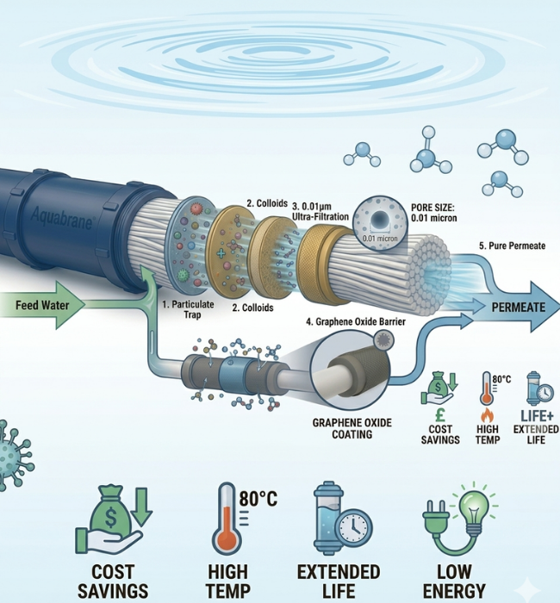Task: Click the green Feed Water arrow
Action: pyautogui.click(x=42, y=305)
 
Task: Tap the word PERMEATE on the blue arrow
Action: pyautogui.click(x=518, y=308)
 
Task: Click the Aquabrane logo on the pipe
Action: pyautogui.click(x=62, y=219)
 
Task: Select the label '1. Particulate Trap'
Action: pyautogui.click(x=188, y=309)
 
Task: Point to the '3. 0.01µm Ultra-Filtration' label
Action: pyautogui.click(x=320, y=212)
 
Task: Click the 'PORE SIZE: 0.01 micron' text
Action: pyautogui.click(x=434, y=213)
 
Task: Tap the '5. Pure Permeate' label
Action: pyautogui.click(x=512, y=246)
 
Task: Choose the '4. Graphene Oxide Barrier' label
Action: pyautogui.click(x=355, y=321)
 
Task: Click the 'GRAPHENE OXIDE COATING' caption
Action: pyautogui.click(x=352, y=428)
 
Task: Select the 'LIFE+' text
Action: pyautogui.click(x=537, y=416)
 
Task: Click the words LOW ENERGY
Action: pyautogui.click(x=454, y=581)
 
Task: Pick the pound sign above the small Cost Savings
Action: pyautogui.click(x=441, y=415)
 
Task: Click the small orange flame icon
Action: pyautogui.click(x=488, y=415)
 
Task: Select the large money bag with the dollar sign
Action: pyautogui.click(x=111, y=512)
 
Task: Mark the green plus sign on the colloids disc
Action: pyautogui.click(x=221, y=253)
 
